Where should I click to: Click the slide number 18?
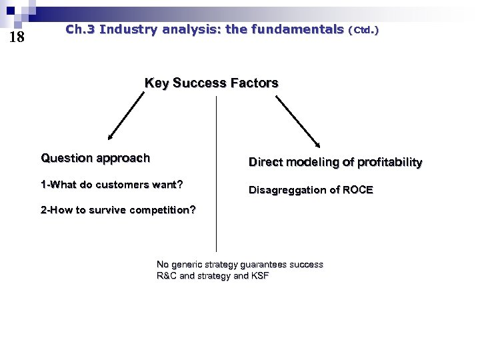click(17, 37)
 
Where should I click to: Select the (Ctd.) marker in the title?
click(363, 30)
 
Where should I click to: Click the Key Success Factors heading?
click(211, 83)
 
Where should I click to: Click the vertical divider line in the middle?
click(217, 173)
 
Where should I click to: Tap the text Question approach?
click(95, 158)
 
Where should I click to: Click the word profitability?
click(390, 163)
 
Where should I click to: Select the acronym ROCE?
click(358, 190)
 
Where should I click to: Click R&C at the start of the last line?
click(167, 276)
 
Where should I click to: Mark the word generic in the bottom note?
click(189, 265)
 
